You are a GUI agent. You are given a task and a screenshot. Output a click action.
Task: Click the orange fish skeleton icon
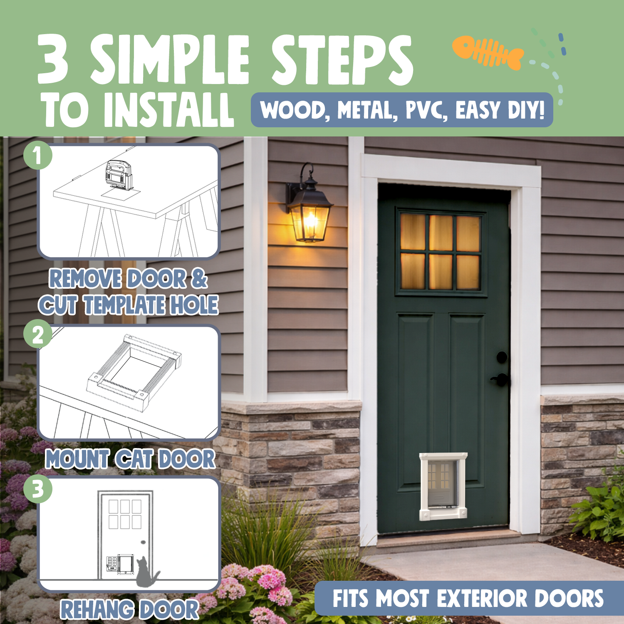pos(488,52)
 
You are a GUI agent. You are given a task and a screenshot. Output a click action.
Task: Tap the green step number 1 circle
pos(38,156)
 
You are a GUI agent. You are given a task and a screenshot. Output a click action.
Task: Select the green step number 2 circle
pos(38,334)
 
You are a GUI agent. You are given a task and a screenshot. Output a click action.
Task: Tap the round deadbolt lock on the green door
pos(502,357)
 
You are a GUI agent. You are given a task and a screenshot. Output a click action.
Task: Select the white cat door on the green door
pos(443,486)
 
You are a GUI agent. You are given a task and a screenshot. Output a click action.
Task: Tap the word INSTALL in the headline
pos(168,110)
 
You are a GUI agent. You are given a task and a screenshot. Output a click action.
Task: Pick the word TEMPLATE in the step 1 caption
pos(124,305)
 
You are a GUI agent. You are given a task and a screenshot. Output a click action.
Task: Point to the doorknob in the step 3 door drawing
pos(143,542)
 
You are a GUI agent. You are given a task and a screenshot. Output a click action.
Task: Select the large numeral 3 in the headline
pos(53,59)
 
